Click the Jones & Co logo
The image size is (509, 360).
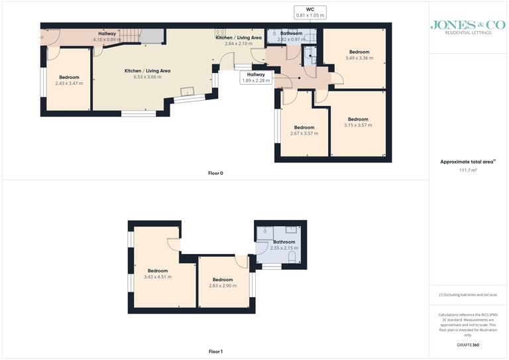[468, 27]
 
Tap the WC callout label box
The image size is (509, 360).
[310, 12]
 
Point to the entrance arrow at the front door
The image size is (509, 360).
[43, 37]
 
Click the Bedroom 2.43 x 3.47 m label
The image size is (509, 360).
[69, 80]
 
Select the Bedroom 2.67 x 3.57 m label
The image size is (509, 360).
[304, 130]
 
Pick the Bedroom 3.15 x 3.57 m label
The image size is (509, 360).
[358, 122]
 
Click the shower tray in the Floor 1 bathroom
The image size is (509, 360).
[266, 232]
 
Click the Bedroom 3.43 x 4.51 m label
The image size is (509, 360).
[158, 273]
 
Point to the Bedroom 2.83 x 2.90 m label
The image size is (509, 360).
[223, 282]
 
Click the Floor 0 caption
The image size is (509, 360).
[216, 173]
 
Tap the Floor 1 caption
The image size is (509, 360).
[216, 351]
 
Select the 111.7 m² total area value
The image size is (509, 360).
[469, 170]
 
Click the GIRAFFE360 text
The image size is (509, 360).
[469, 346]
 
